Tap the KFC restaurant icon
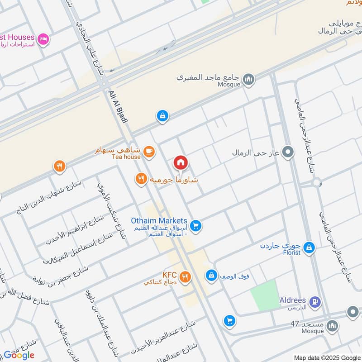click(185, 276)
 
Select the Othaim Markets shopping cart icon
click(195, 225)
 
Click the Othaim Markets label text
click(155, 220)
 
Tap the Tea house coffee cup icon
click(149, 151)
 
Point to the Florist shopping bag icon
click(309, 247)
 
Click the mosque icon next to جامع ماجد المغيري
click(248, 80)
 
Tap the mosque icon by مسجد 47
click(333, 326)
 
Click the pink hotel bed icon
click(43, 39)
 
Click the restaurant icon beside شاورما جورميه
click(141, 179)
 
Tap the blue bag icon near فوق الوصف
click(211, 275)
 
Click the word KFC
click(169, 275)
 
